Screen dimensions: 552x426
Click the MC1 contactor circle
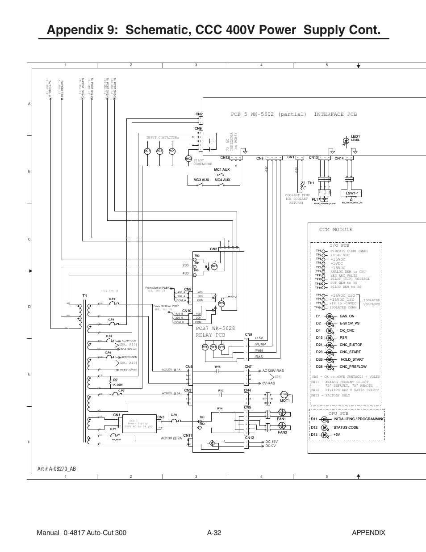point(147,151)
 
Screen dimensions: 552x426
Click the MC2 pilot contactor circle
point(188,159)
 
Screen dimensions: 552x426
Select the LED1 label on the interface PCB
point(355,136)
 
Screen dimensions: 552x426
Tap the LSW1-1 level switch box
point(353,193)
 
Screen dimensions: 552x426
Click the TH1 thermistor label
point(311,183)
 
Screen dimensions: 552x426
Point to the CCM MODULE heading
point(336,229)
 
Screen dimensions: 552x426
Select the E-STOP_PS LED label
point(349,323)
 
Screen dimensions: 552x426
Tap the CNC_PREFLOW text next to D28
point(353,367)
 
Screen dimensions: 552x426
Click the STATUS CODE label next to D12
point(346,427)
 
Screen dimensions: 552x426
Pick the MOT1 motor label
point(285,400)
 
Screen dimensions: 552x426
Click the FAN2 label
point(282,432)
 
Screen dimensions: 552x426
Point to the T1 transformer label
point(85,296)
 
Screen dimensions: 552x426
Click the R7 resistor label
point(115,380)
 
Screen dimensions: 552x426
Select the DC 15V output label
point(271,442)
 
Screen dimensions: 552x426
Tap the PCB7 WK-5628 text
point(215,328)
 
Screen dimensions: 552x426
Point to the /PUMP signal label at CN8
point(260,344)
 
